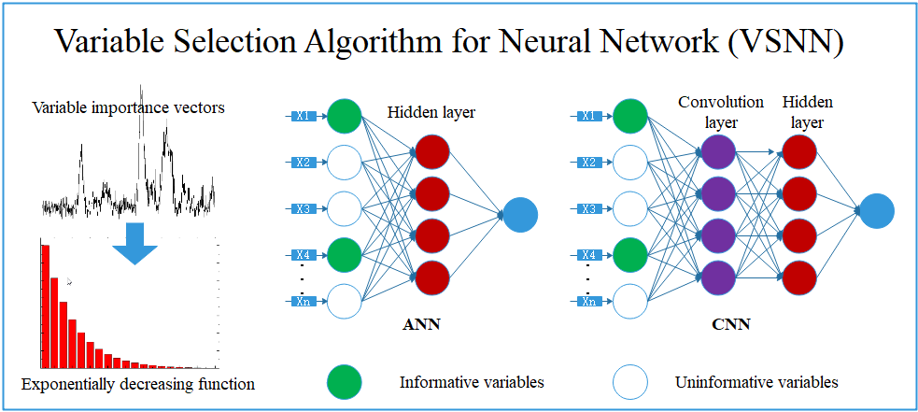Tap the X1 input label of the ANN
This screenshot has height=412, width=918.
tap(303, 116)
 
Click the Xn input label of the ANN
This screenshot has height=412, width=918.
tap(303, 301)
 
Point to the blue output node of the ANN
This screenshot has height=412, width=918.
tap(521, 215)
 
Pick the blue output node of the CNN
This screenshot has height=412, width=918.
tap(878, 210)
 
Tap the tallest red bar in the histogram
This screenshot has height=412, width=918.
tap(45, 304)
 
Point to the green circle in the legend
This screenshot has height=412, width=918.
tap(345, 382)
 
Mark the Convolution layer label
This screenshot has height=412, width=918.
tap(721, 110)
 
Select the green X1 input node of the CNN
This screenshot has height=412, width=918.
tap(631, 116)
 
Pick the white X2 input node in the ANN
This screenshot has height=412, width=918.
tap(345, 163)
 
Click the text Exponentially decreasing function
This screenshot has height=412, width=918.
tap(137, 383)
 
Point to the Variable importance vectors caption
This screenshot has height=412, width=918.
tap(129, 107)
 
